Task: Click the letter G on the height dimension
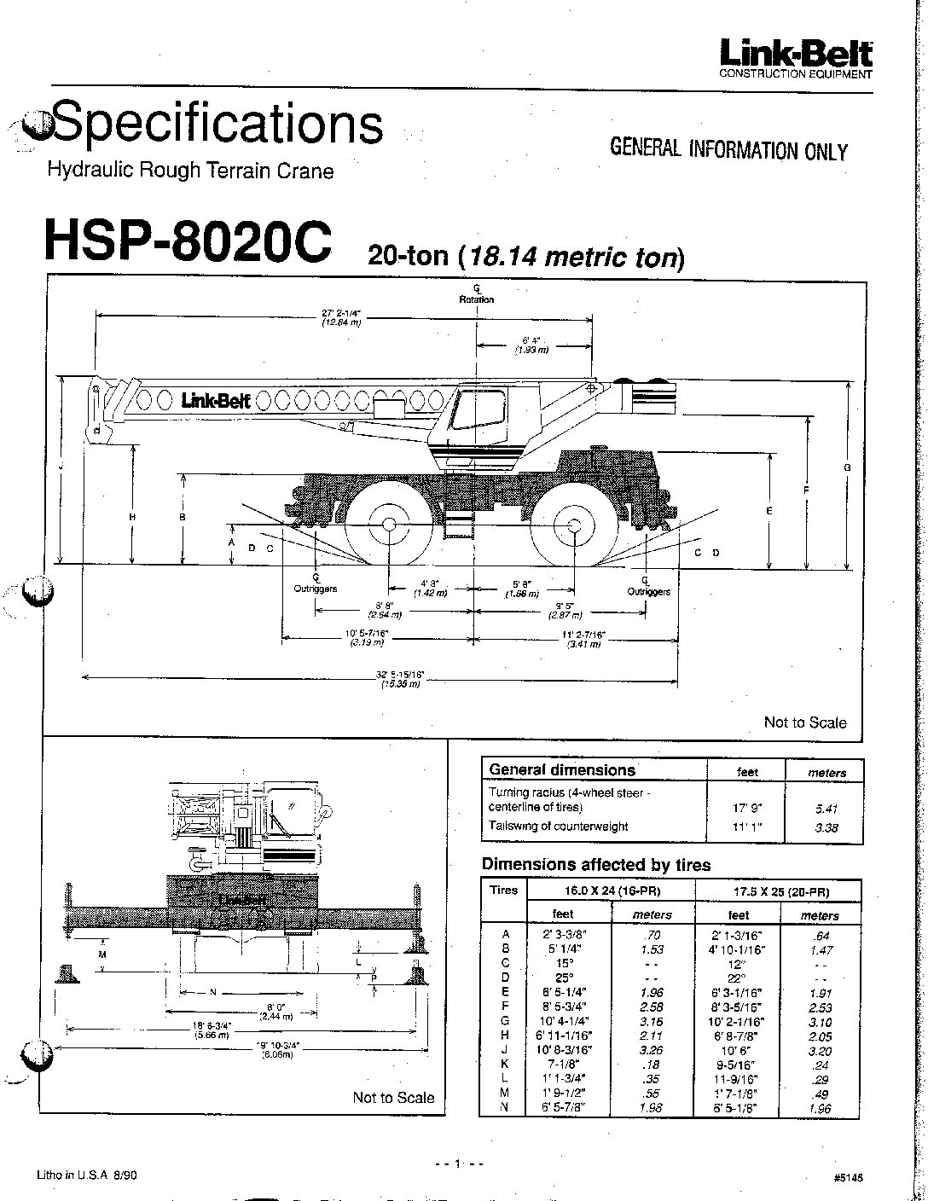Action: pyautogui.click(x=848, y=467)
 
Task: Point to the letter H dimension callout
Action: pyautogui.click(x=132, y=517)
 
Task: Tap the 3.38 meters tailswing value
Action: pyautogui.click(x=826, y=827)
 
